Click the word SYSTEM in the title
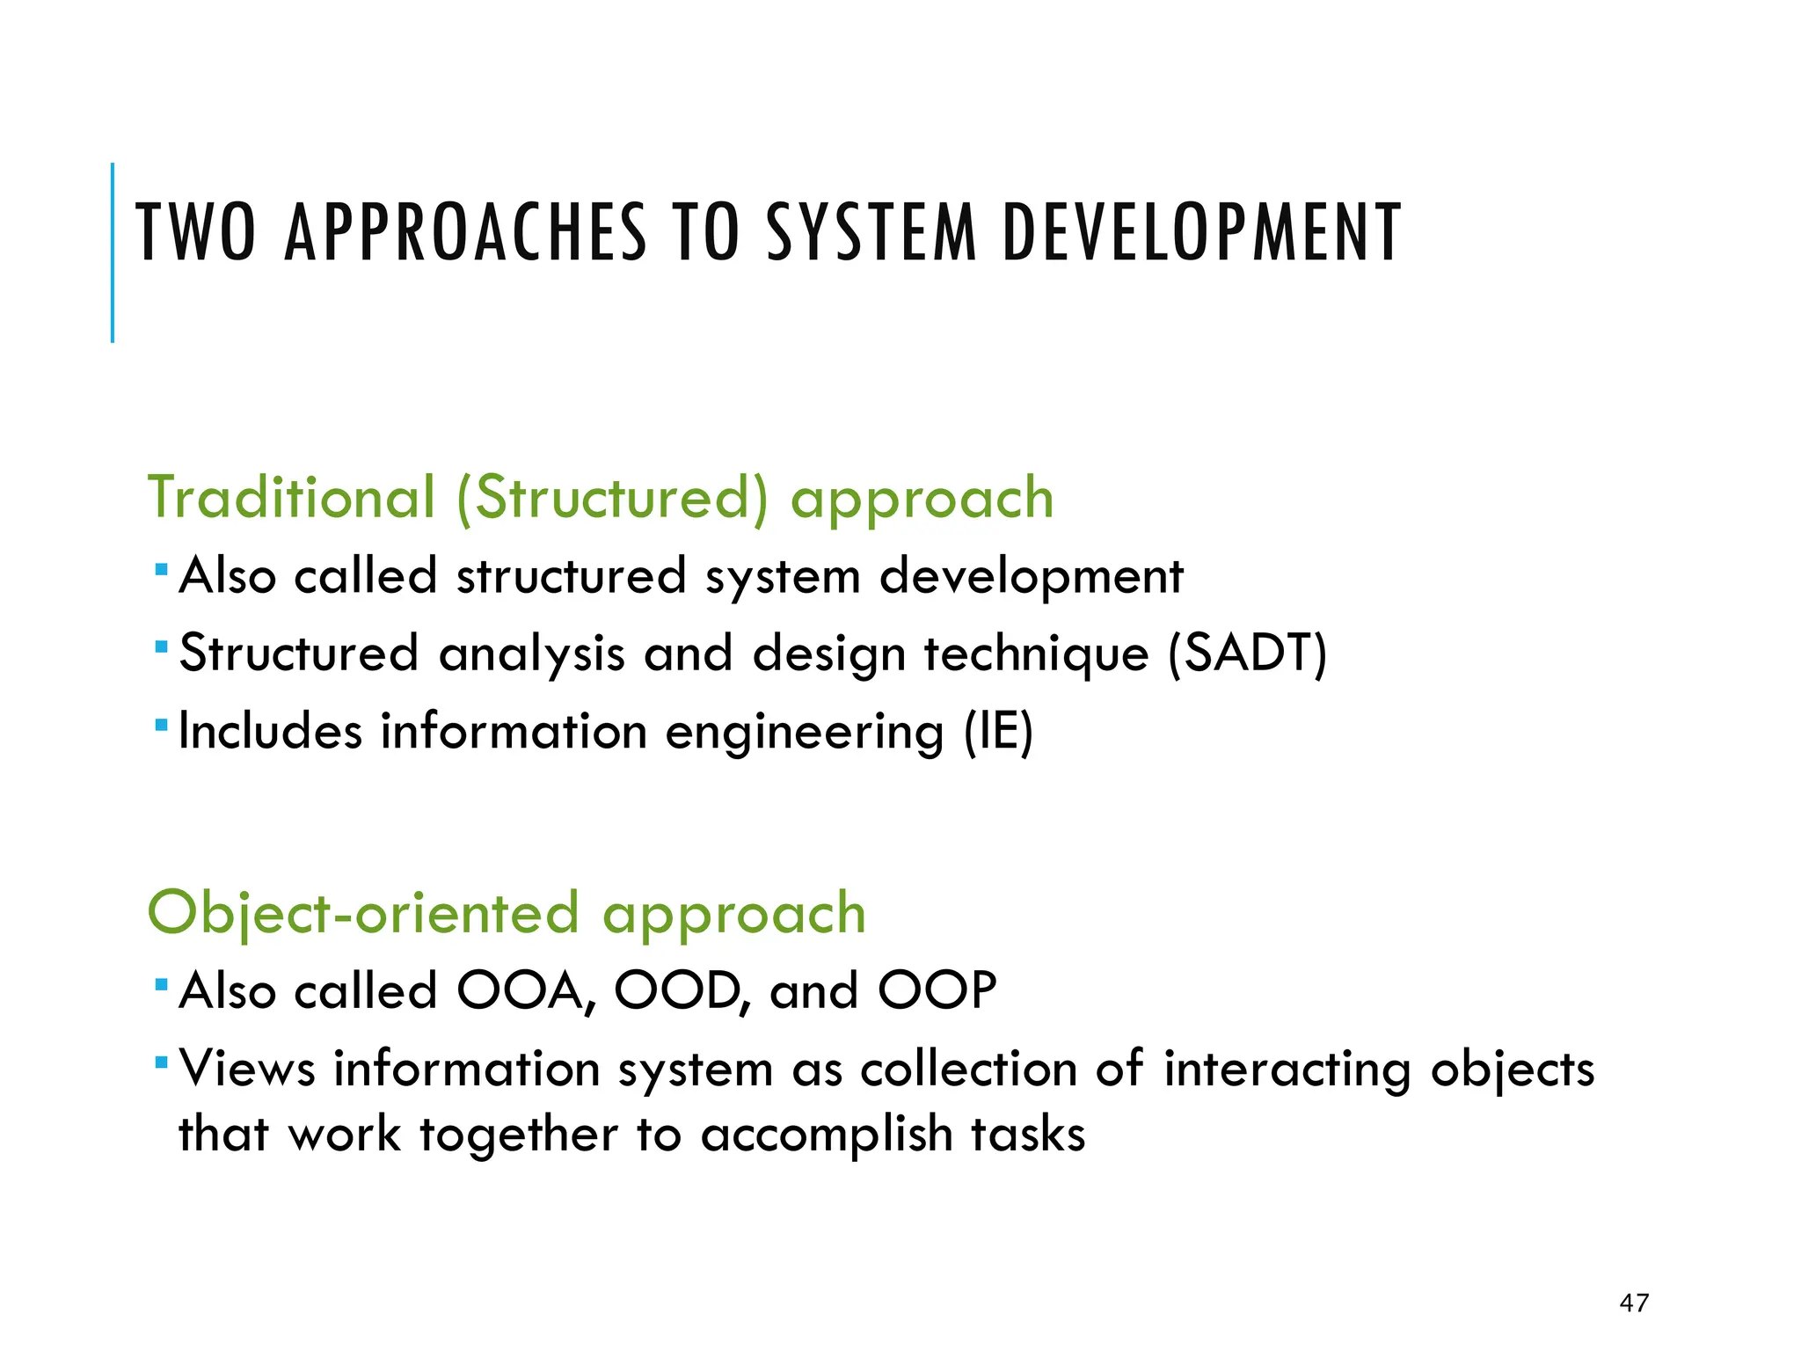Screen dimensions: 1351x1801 (x=871, y=233)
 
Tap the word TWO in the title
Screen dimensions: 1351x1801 (x=196, y=233)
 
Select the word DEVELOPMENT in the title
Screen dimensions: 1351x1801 (x=1201, y=233)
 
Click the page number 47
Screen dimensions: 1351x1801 (x=1634, y=1303)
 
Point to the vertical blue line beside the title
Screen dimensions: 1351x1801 (x=113, y=253)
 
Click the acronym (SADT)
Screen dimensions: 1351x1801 (x=1247, y=654)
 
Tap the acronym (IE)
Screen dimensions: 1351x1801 (x=998, y=732)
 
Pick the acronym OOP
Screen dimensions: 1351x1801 (x=937, y=991)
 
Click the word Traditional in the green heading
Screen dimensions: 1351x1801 (x=291, y=498)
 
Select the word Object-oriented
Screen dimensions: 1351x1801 (x=363, y=913)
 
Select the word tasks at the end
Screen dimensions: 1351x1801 (x=1028, y=1134)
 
